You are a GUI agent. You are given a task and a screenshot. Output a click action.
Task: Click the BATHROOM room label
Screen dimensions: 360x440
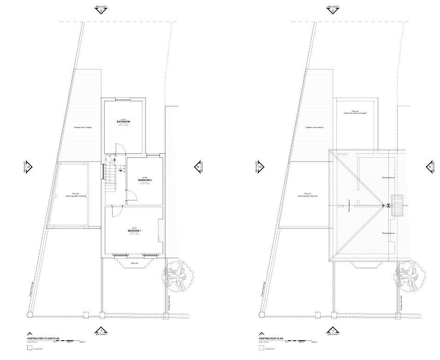coord(123,122)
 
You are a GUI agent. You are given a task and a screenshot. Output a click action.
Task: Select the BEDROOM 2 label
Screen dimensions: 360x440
coord(145,180)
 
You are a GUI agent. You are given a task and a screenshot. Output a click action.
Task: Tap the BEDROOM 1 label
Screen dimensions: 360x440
coord(135,230)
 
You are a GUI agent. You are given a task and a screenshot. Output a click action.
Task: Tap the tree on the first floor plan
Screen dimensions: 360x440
coord(177,276)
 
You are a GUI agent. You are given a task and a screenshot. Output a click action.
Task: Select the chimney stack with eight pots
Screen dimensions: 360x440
coord(397,205)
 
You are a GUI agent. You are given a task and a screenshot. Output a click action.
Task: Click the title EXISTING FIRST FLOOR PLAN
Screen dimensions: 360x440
coord(43,338)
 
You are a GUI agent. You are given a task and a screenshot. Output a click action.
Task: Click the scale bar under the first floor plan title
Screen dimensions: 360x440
coord(69,342)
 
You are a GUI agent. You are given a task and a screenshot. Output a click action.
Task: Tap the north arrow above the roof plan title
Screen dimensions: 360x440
coord(262,334)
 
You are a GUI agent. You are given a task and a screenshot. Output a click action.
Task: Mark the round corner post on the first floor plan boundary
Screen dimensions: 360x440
coord(30,314)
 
